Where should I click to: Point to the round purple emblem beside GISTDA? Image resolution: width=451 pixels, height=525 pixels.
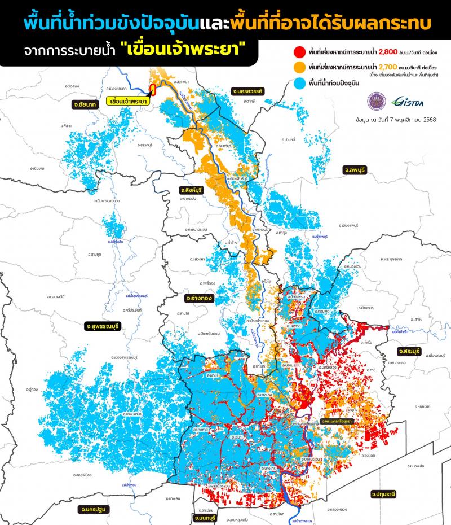tap(375, 102)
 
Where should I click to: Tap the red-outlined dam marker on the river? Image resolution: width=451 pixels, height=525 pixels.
tap(153, 90)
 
